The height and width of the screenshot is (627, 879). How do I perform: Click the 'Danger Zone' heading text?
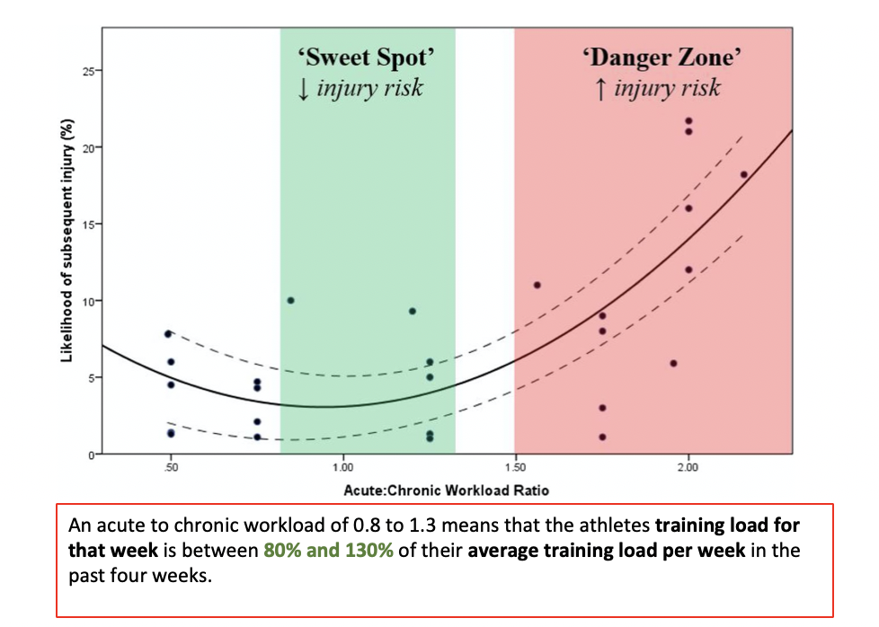point(663,59)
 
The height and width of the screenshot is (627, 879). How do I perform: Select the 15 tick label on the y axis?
point(89,224)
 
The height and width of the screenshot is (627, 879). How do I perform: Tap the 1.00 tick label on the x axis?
point(342,468)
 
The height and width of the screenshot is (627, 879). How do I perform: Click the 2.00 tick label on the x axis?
point(688,468)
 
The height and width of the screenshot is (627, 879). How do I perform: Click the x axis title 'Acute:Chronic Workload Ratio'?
point(446,490)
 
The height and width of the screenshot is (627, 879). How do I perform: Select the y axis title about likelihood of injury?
point(67,244)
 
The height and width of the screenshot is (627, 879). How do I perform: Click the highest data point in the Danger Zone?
point(688,120)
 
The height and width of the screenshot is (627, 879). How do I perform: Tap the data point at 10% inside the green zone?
point(290,300)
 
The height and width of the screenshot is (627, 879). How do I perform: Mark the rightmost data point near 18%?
point(743,175)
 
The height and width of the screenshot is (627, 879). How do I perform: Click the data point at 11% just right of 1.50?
point(537,285)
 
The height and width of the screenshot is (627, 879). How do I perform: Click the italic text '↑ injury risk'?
point(658,89)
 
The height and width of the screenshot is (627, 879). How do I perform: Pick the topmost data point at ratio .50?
point(168,333)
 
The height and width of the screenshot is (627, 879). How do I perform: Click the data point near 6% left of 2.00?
point(673,363)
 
